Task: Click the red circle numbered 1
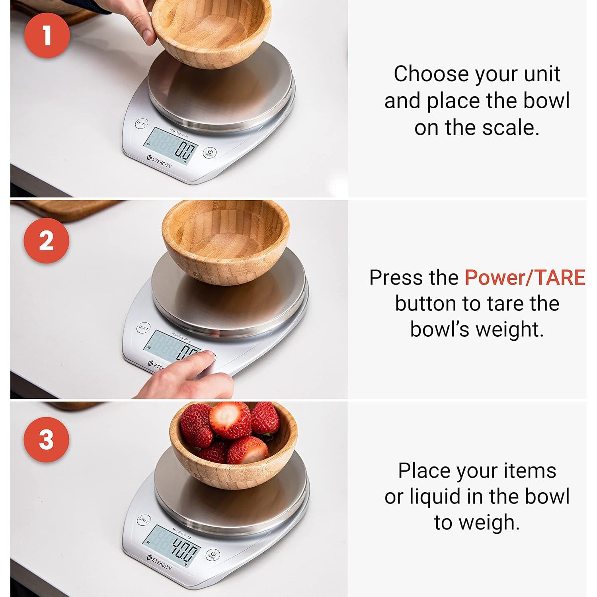(47, 35)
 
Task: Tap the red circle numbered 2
(46, 240)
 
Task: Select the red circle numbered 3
(46, 439)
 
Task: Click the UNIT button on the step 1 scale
(141, 124)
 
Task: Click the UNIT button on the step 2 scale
(143, 328)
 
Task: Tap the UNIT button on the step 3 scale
(144, 520)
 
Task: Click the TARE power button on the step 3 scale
(213, 555)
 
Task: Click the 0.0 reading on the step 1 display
(185, 152)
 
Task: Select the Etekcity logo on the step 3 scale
(159, 562)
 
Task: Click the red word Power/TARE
(525, 277)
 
